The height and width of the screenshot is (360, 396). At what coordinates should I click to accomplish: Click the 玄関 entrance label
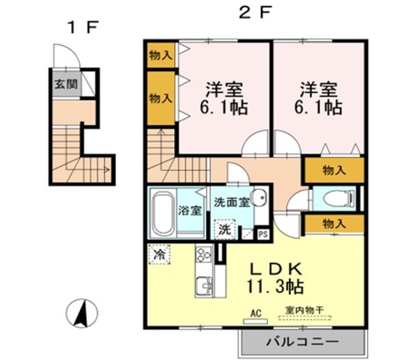tap(66, 84)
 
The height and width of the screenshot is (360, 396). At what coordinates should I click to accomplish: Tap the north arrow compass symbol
tap(82, 313)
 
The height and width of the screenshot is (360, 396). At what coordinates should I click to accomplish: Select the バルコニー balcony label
tap(302, 342)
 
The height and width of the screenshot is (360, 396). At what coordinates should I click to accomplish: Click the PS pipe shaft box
tap(263, 234)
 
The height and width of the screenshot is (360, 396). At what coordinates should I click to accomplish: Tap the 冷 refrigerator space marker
tap(159, 254)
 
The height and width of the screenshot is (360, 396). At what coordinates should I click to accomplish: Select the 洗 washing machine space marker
tap(224, 230)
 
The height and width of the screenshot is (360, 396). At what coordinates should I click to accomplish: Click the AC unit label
tap(256, 313)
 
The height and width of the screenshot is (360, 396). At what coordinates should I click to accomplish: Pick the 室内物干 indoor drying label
tap(305, 310)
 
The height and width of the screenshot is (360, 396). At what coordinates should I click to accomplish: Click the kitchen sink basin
tap(204, 286)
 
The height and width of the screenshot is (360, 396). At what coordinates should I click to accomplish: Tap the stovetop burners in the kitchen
tap(204, 254)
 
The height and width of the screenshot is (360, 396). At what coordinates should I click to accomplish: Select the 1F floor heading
tap(82, 28)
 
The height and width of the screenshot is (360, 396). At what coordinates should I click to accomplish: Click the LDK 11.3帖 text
tap(276, 277)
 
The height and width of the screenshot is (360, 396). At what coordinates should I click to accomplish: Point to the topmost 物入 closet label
tap(161, 55)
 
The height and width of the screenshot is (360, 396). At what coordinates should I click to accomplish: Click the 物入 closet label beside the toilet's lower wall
tap(334, 223)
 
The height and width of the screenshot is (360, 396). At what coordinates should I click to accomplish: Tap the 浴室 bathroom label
tap(190, 210)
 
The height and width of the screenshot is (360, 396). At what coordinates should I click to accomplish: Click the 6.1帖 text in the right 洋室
tap(318, 108)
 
